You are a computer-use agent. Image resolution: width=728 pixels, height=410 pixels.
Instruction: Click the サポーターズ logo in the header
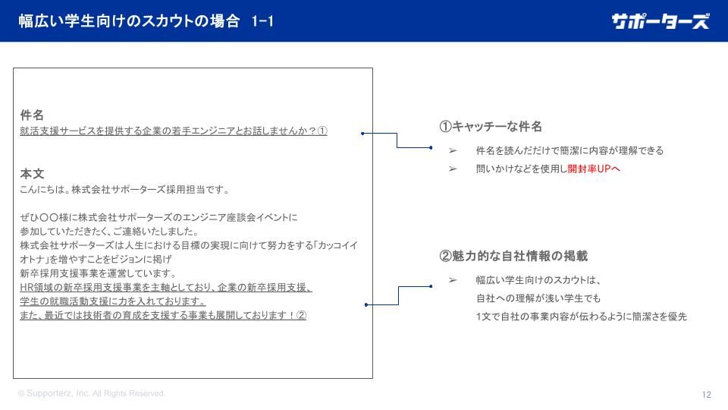click(661, 21)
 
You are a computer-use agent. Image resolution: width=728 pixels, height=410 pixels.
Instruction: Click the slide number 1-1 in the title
click(262, 21)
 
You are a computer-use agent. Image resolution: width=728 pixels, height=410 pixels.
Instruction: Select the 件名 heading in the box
click(32, 115)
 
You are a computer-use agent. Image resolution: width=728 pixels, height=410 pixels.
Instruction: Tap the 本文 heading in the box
click(32, 174)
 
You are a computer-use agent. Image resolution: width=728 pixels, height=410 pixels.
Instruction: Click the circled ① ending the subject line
click(322, 131)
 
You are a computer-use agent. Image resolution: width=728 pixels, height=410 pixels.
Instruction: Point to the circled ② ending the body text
click(301, 315)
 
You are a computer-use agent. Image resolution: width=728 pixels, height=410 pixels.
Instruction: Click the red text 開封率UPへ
click(594, 169)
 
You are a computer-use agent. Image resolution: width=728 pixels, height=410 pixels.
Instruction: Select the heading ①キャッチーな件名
click(491, 127)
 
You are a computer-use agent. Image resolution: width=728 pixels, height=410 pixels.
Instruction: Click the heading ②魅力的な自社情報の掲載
click(513, 256)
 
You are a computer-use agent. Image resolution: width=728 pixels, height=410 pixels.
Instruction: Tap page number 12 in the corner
click(706, 395)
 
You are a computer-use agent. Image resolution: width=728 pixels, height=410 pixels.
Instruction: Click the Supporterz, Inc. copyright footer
click(92, 393)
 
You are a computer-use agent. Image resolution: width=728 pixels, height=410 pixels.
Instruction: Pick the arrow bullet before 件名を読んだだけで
click(453, 150)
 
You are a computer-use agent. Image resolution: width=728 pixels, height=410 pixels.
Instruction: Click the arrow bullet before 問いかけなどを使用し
click(453, 169)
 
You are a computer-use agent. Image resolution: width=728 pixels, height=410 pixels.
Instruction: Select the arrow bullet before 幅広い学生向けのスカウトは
click(453, 280)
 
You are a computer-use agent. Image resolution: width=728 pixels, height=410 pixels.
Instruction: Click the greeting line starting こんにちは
click(124, 190)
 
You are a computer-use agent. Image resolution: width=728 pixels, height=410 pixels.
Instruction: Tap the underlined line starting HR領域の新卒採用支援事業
click(166, 288)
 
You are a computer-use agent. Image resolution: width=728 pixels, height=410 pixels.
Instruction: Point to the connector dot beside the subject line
click(362, 134)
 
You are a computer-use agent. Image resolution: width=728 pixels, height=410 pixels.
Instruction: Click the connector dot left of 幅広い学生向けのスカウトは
click(431, 286)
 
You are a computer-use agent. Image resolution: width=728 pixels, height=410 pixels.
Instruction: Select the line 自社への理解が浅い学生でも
click(538, 298)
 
